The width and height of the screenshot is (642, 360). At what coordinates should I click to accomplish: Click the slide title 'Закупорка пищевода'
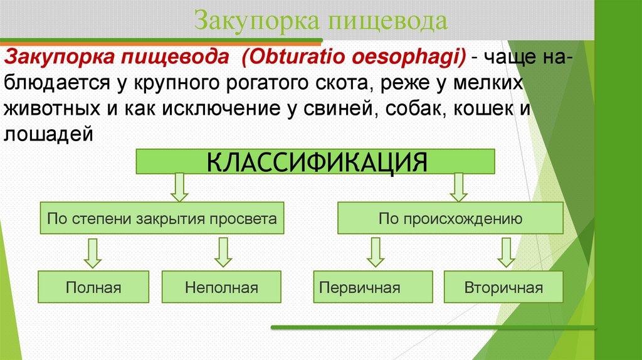[x=320, y=21]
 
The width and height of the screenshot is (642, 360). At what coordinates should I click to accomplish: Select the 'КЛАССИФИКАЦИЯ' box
[x=317, y=162]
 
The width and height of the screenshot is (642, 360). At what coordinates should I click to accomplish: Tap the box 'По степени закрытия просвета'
[x=162, y=220]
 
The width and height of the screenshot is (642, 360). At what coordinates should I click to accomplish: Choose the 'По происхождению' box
[x=450, y=220]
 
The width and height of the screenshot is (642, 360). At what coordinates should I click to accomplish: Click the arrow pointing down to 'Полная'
[x=93, y=253]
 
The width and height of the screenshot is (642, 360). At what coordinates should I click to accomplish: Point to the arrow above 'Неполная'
[x=222, y=253]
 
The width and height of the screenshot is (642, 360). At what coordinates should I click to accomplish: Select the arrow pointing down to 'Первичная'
[x=374, y=253]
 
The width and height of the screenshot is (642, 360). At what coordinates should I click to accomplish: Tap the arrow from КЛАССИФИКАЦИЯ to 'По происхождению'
[x=459, y=187]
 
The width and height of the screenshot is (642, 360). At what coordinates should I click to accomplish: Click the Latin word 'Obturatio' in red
[x=288, y=58]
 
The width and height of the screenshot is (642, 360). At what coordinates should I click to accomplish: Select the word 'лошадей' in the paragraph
[x=49, y=134]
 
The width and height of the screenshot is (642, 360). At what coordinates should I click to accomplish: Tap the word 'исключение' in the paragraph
[x=219, y=109]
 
